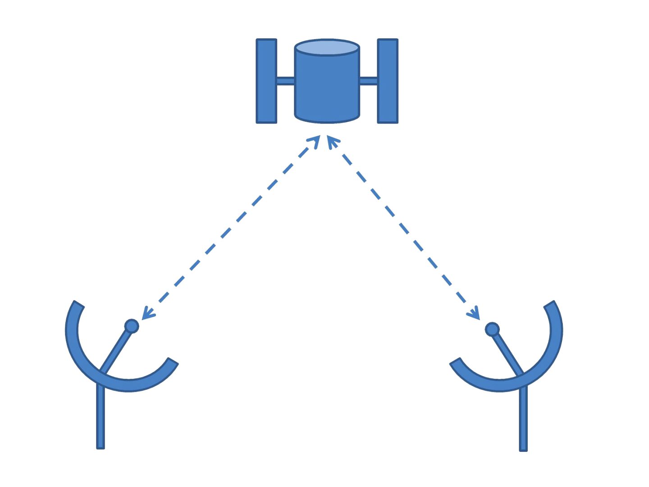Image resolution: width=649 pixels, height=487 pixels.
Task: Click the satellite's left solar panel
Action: coord(266,81)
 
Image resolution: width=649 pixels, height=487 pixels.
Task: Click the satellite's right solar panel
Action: coord(388,81)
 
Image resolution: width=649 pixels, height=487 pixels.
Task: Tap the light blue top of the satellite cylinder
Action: coord(327,47)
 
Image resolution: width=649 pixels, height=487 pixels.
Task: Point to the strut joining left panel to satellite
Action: coord(285,81)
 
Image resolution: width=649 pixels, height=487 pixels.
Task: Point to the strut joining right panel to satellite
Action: coord(368,81)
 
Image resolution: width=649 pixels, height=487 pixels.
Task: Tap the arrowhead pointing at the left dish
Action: coord(146,314)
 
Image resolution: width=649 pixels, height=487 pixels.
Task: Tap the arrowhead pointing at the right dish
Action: coord(475,314)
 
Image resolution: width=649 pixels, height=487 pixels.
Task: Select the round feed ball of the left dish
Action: coord(132,326)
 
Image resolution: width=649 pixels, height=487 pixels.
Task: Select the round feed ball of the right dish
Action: coord(492,329)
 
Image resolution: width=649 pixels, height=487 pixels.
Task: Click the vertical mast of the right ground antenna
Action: coord(523,419)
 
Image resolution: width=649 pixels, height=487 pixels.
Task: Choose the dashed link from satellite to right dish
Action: coord(403,228)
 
